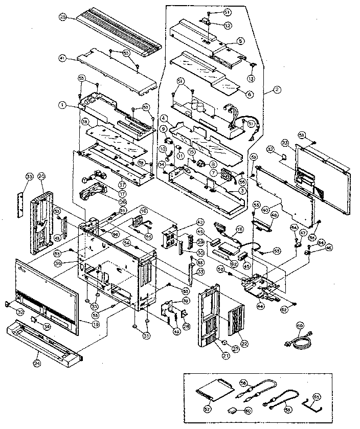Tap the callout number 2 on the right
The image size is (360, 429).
[x=277, y=89]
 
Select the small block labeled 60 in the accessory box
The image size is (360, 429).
[x=233, y=411]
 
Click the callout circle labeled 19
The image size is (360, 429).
[x=95, y=324]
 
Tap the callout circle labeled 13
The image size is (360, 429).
[x=251, y=78]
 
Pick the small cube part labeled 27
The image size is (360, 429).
[x=224, y=341]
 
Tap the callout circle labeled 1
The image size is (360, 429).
[x=61, y=105]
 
